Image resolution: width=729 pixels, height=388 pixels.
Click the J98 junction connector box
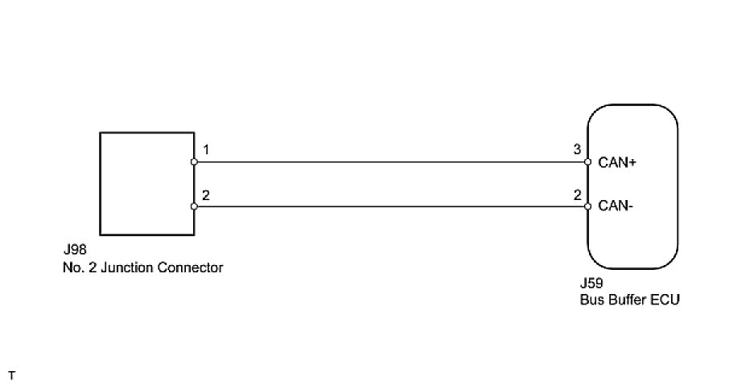point(146,184)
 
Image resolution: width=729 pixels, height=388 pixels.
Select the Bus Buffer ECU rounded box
point(632,186)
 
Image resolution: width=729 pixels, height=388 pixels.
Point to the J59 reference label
point(591,285)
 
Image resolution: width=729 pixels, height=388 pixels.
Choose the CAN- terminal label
point(615,206)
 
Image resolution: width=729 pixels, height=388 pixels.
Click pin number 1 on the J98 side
point(207,150)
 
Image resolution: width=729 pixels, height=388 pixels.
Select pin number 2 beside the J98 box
point(207,195)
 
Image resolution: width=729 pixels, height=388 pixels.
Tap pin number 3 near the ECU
point(576,150)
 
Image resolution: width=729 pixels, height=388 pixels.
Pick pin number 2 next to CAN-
point(576,195)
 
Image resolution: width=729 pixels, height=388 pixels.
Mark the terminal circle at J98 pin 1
point(194,161)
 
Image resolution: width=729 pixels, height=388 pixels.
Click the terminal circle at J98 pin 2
point(194,206)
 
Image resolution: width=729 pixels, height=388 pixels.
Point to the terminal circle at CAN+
point(588,161)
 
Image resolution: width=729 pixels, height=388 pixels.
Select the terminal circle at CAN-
point(588,206)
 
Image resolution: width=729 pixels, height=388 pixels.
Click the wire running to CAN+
point(391,161)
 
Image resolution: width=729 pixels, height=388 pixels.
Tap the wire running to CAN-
point(391,206)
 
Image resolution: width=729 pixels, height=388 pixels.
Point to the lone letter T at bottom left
point(11,375)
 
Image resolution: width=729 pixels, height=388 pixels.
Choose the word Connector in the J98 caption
point(193,268)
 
